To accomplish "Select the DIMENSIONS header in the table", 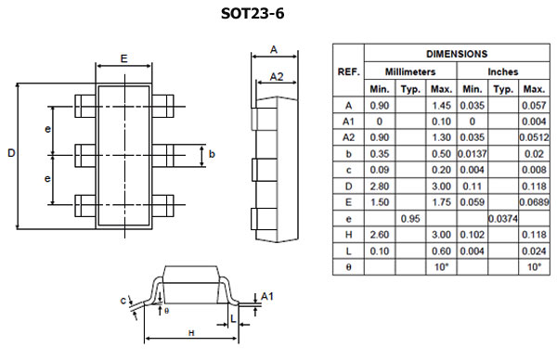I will (x=455, y=54).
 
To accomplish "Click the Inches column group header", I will (x=502, y=71).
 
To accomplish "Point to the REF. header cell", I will (x=348, y=71).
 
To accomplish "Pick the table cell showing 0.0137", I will (x=473, y=153).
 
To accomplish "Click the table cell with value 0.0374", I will (x=503, y=217).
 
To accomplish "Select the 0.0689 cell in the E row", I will (x=534, y=201).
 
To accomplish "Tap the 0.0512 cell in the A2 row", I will (x=534, y=137).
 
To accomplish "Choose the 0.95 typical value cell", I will (x=409, y=217).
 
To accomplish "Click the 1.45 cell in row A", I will (x=441, y=105).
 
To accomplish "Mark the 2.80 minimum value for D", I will (x=379, y=186).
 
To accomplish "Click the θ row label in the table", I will (x=348, y=266).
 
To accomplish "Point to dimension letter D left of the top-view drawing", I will (x=11, y=153).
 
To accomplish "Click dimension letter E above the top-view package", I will (x=123, y=58).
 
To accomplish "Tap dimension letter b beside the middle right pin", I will (x=212, y=153).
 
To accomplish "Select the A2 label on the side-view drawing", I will (x=276, y=76).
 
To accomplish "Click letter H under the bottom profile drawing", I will (x=190, y=332).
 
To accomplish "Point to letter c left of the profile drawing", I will (x=123, y=300).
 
